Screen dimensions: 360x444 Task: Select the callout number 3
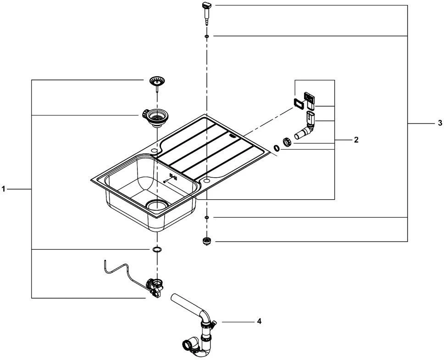pos(440,123)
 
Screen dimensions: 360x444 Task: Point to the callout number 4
pos(259,321)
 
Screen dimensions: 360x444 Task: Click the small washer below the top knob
pos(207,36)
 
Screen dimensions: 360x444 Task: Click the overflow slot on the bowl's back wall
pos(173,176)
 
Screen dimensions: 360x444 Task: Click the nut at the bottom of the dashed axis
pos(207,241)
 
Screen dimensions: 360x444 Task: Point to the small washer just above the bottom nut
pos(207,217)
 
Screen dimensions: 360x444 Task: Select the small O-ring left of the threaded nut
pos(277,148)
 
